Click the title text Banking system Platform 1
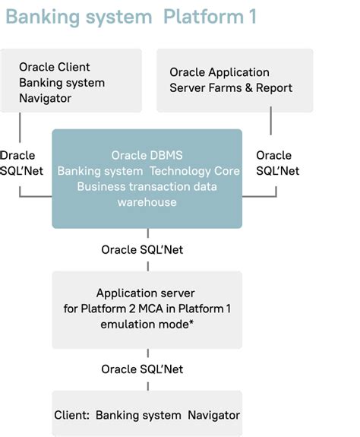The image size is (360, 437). [131, 17]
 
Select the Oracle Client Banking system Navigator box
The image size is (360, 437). [71, 81]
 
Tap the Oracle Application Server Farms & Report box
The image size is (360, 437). [235, 81]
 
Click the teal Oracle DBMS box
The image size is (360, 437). [147, 179]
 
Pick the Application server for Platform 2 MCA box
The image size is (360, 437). [147, 309]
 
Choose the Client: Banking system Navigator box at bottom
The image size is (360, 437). [147, 415]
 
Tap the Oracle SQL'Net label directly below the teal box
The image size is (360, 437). [142, 249]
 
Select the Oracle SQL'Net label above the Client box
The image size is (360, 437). [142, 369]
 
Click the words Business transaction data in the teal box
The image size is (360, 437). [147, 187]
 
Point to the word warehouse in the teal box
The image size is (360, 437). [147, 202]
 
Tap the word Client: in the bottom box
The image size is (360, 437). [72, 415]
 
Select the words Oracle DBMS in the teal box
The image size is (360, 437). [147, 155]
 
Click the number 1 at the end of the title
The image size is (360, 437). [252, 17]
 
